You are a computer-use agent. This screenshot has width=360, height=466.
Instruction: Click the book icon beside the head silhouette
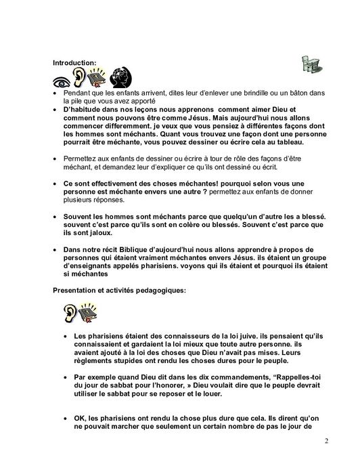[99, 76]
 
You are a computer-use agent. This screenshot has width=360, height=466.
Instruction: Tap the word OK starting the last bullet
[79, 419]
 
